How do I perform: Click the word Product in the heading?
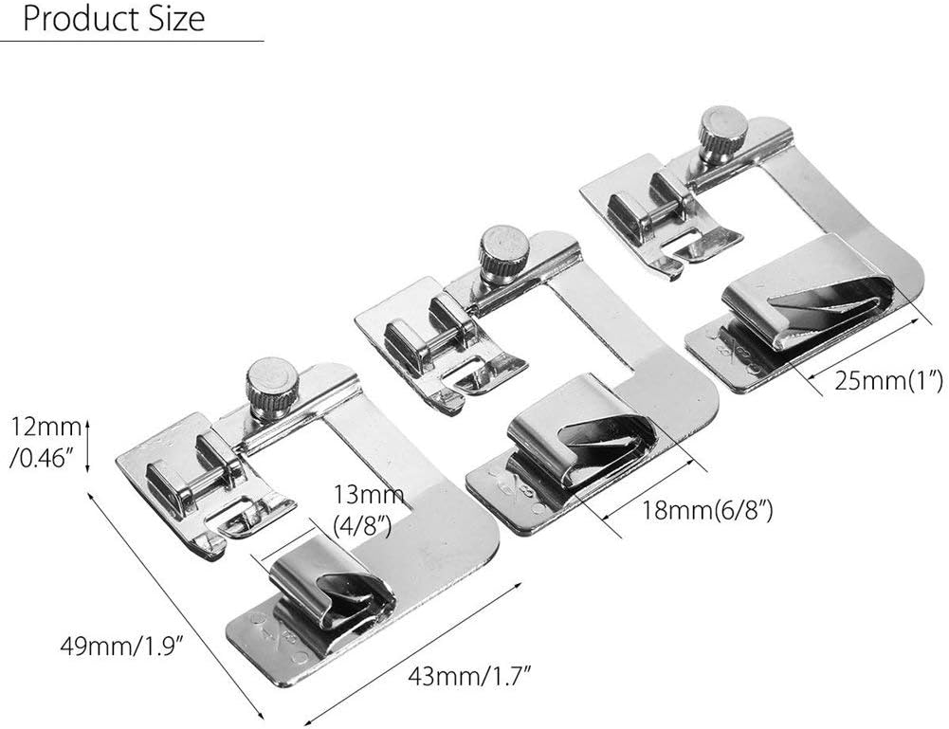pos(80,19)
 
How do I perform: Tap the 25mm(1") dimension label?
pos(888,381)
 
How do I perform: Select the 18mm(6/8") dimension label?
pos(707,511)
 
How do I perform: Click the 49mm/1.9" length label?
pos(121,646)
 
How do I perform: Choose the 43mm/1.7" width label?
pos(469,675)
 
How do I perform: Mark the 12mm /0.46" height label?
pos(45,443)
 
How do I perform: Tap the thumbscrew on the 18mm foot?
pos(503,254)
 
